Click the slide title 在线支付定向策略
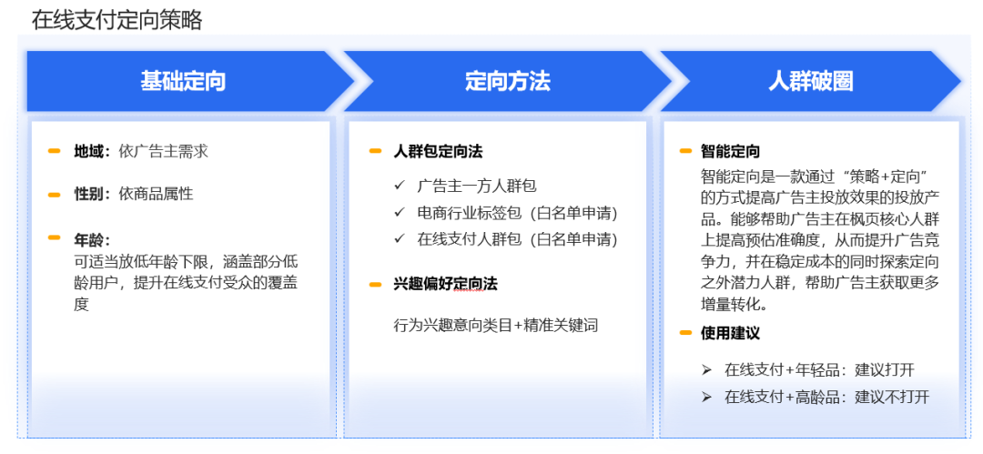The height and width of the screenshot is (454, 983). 117,19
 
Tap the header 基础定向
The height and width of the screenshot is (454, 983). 183,81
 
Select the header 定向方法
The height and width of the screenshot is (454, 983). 507,81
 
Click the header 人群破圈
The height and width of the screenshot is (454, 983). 810,81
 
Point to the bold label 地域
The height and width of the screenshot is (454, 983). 92,151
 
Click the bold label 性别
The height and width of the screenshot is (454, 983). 92,194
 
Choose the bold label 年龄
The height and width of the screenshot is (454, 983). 92,239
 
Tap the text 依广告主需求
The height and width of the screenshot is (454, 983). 164,151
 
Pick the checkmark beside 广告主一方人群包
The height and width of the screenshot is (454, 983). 399,186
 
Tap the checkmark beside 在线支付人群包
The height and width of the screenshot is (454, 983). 399,239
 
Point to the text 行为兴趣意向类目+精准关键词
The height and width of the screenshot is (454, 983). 496,325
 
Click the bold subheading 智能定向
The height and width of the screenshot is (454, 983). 731,151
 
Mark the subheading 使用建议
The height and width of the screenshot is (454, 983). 731,333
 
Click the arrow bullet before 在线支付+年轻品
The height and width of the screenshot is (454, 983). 706,370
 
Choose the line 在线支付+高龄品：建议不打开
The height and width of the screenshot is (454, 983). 826,397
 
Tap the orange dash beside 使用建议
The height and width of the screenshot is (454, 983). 685,333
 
